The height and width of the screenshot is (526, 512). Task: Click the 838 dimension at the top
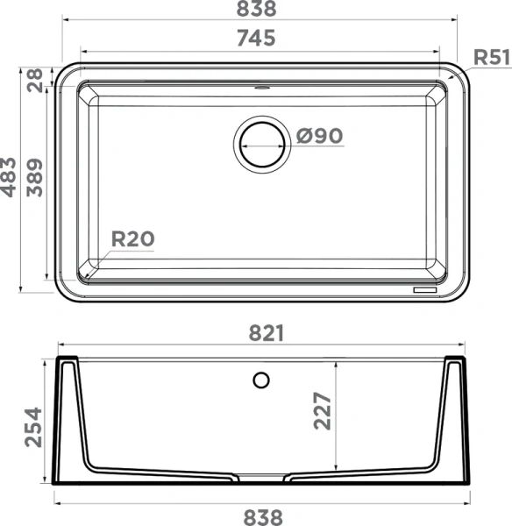256,10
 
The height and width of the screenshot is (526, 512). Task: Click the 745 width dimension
256,39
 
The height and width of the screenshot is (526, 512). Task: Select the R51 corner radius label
491,58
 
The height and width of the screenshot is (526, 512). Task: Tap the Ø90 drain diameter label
319,136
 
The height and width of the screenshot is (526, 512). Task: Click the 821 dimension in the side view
262,333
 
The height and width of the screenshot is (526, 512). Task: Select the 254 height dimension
32,426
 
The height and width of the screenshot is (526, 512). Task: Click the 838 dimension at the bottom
262,516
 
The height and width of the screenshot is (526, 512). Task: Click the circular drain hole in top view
260,142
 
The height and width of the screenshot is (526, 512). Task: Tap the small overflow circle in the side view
260,380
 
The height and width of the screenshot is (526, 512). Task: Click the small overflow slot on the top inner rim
261,89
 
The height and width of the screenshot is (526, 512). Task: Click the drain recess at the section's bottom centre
262,478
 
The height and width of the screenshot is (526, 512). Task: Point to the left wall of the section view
70,421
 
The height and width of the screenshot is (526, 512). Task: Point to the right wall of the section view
454,421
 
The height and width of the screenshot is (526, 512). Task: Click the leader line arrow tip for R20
89,273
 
